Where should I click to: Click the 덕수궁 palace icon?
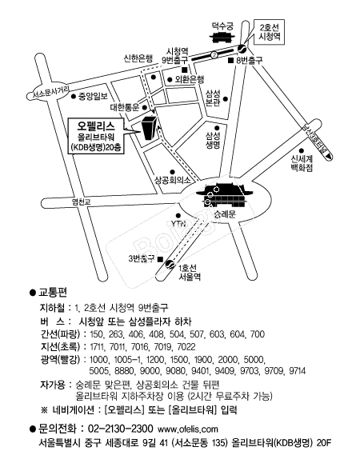click(222, 38)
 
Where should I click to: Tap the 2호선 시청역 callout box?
click(269, 32)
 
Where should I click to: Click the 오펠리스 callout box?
click(96, 136)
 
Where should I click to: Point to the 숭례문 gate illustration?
click(225, 195)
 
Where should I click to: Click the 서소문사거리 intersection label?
click(47, 93)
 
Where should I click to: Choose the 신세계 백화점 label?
click(302, 164)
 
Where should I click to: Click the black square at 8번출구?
click(230, 60)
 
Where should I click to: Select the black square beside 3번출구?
click(160, 259)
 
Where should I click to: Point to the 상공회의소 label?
click(173, 180)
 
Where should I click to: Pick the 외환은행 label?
click(190, 79)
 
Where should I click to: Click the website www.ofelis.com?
click(188, 429)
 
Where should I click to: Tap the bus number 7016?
click(140, 346)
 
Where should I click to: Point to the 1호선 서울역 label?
click(190, 272)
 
